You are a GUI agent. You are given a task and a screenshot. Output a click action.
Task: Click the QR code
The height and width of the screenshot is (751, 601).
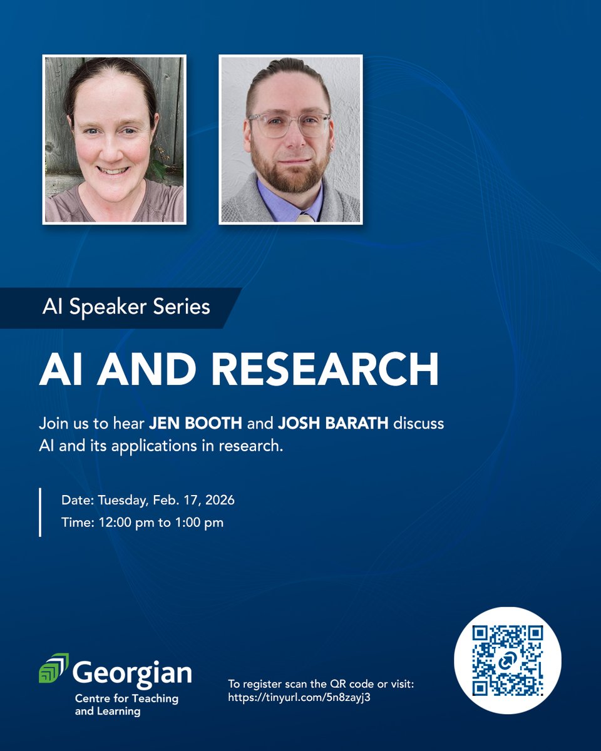point(507,661)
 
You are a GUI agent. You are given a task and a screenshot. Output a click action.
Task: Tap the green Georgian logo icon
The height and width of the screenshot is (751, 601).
point(54,668)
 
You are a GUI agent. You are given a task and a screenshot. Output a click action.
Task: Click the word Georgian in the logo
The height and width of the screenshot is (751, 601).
point(132,673)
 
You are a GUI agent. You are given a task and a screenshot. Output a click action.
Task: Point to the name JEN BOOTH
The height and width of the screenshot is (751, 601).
point(195,424)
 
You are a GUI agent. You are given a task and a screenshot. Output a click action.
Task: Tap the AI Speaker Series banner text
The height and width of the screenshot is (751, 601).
point(126,307)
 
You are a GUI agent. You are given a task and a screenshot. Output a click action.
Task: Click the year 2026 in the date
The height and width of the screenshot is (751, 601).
point(220,501)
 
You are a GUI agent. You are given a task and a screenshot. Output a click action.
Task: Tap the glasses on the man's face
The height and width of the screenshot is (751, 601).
point(289,123)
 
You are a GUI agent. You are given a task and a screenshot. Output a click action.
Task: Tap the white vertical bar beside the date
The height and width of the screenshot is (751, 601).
point(41,513)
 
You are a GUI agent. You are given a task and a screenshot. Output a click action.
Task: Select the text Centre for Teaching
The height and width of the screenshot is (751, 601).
point(126,698)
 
